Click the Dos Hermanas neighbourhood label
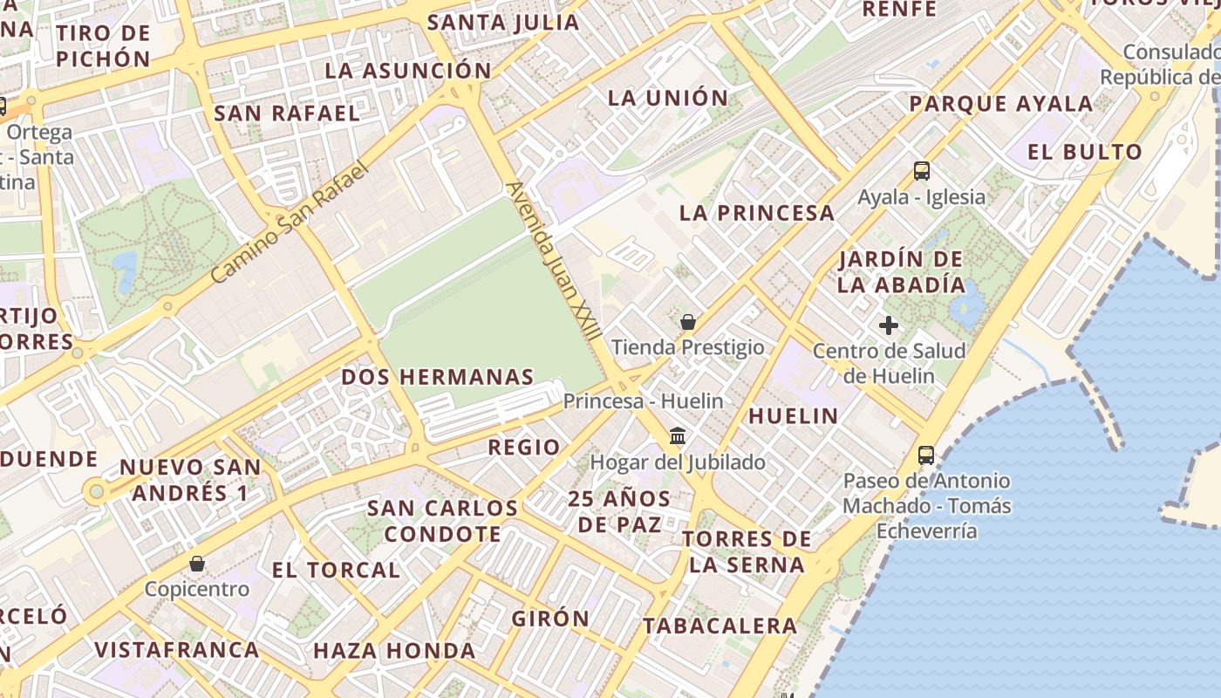437,377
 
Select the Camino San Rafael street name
290,222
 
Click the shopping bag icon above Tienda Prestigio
688,322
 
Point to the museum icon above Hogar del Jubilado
678,435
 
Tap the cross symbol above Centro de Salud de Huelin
889,325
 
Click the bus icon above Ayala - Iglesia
922,171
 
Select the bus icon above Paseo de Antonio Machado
926,455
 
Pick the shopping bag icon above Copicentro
197,564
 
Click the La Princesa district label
757,213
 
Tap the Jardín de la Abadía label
902,271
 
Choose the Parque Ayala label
1000,104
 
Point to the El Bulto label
1084,152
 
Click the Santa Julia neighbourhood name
503,23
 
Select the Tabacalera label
720,626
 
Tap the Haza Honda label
394,650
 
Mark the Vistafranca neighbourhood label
177,649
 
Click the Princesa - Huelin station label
643,401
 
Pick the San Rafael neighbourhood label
286,113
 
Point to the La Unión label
667,98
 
